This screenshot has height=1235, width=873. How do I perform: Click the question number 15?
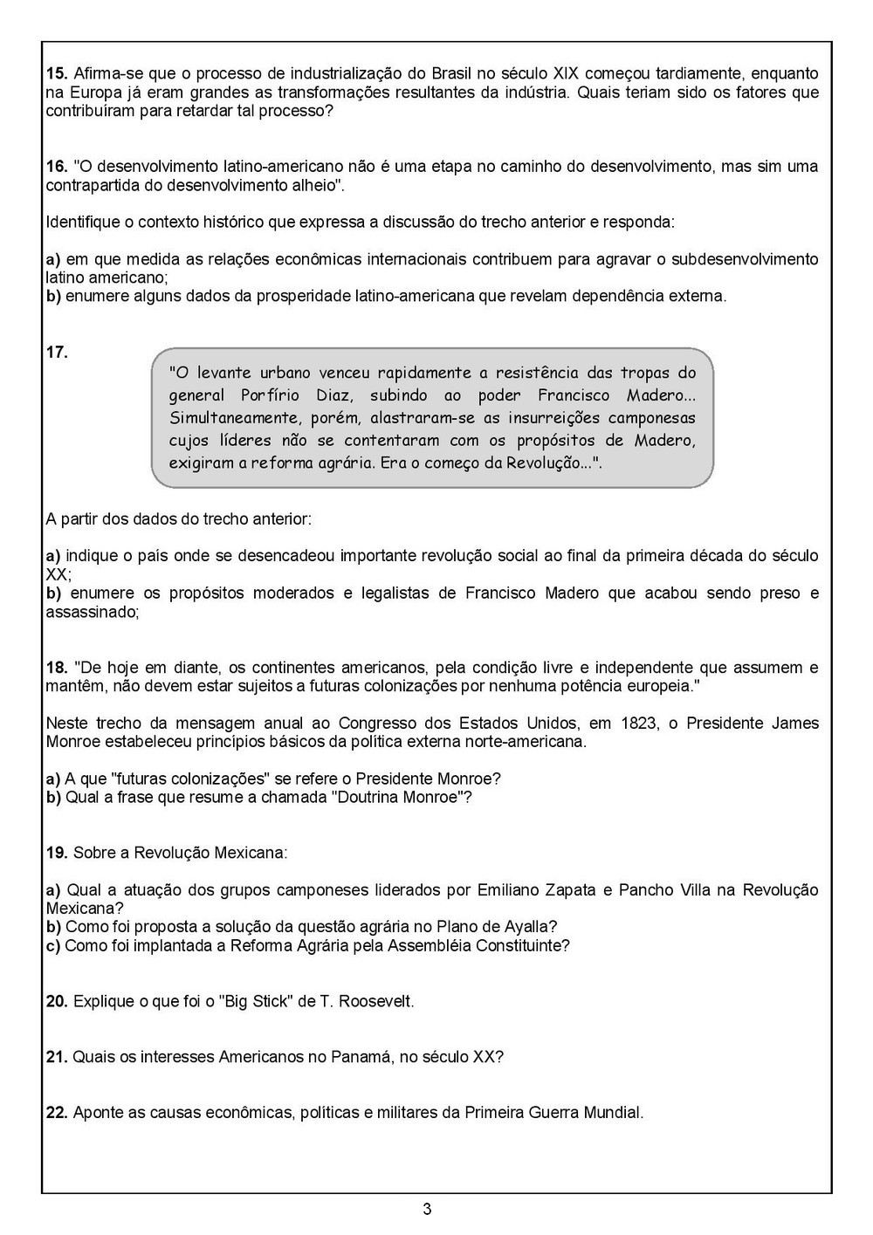56,73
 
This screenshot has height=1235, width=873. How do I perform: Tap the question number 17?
56,353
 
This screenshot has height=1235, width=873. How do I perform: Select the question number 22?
56,1113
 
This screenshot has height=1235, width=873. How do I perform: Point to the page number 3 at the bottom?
426,1209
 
